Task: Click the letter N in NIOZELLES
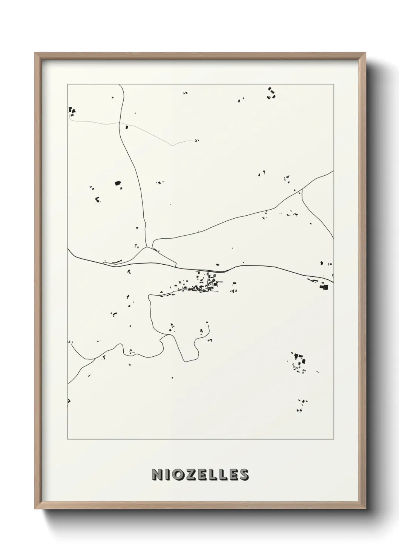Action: [x=157, y=475]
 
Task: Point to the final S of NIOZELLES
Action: [x=243, y=475]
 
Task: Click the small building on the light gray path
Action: [x=127, y=128]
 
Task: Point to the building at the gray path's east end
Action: [x=196, y=141]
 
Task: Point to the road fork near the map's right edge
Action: [x=302, y=190]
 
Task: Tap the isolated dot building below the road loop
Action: [x=172, y=377]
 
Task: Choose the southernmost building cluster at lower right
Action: [x=302, y=405]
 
